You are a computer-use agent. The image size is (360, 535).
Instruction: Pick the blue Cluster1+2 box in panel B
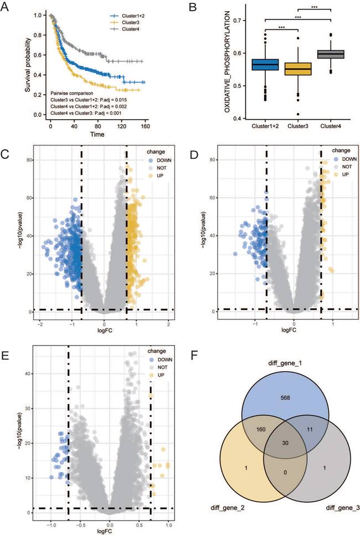[x=265, y=64]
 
